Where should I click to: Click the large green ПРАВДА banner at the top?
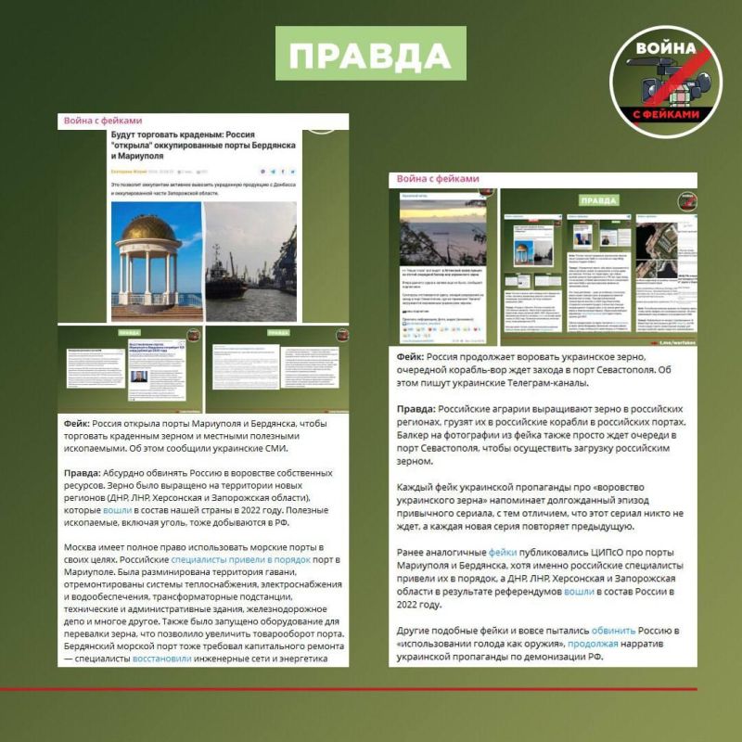(x=371, y=55)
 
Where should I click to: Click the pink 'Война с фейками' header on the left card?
(x=103, y=121)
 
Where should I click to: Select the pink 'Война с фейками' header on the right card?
(x=438, y=178)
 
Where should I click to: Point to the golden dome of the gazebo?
(x=148, y=225)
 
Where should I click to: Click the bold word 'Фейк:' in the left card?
(x=78, y=423)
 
